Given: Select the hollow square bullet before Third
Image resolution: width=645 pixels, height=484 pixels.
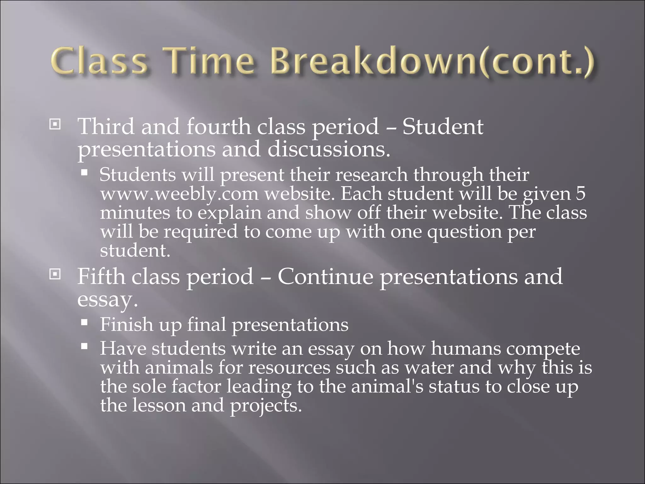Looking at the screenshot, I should point(55,125).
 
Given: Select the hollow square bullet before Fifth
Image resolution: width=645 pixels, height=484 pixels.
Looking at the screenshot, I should point(55,275).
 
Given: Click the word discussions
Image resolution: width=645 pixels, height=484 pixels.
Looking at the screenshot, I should point(328,149).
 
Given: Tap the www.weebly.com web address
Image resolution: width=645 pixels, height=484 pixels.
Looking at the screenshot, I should point(179,194).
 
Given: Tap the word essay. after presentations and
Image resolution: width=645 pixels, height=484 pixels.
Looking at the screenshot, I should point(107,300).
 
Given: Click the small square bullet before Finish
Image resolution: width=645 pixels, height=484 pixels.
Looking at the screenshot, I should point(84,322).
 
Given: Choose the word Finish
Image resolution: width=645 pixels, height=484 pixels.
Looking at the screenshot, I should point(126,324).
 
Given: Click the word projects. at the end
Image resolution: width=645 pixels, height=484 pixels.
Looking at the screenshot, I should point(265,406).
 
